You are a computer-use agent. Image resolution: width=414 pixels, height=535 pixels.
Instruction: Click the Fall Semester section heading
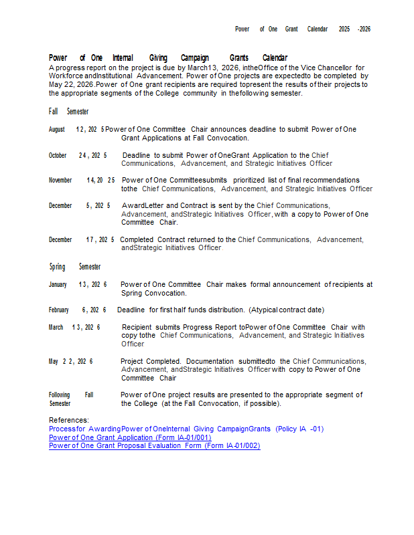(68, 112)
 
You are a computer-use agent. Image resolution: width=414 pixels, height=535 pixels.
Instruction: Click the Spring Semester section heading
(74, 267)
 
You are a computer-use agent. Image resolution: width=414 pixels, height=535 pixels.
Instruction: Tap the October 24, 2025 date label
(78, 155)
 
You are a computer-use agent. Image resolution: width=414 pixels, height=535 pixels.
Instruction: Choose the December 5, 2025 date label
(80, 206)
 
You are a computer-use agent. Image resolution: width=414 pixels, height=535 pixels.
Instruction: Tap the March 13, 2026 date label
(74, 327)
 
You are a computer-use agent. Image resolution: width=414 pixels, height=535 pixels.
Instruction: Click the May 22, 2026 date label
(70, 361)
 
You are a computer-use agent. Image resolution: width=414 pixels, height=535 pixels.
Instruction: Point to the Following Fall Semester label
(70, 399)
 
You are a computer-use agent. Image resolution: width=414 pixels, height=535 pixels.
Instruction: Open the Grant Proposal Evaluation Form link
(154, 445)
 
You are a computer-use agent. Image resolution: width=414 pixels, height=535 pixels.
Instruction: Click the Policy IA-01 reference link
(186, 429)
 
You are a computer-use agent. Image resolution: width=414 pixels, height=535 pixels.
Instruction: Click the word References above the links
(69, 420)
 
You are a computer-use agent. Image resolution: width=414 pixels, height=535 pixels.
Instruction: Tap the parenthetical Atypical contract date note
(286, 310)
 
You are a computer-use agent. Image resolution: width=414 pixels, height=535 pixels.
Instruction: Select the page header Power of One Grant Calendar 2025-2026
(302, 29)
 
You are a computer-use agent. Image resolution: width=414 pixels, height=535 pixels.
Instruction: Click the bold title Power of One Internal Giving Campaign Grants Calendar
(167, 58)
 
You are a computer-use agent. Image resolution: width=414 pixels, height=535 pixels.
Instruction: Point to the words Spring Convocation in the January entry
(153, 293)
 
